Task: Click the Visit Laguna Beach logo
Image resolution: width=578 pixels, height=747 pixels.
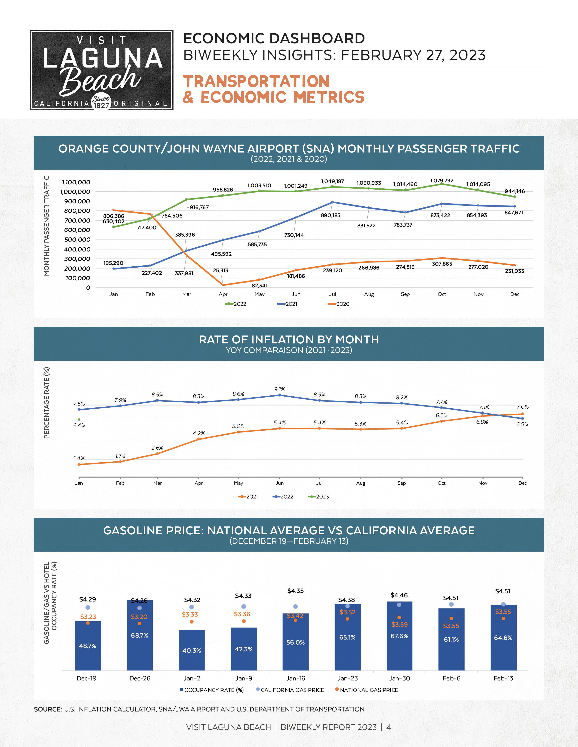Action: tap(101, 70)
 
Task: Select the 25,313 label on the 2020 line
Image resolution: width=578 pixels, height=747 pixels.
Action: tap(221, 270)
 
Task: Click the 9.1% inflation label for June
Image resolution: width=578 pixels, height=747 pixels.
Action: tap(279, 389)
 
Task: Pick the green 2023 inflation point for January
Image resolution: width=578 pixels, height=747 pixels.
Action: tap(79, 420)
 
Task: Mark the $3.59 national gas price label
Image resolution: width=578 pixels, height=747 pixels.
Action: tap(399, 625)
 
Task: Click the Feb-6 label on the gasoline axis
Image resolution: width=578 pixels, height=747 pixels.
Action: tap(451, 678)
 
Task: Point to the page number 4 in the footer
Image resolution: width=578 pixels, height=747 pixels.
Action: tap(389, 727)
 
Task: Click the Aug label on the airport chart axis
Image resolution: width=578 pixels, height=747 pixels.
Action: tap(369, 294)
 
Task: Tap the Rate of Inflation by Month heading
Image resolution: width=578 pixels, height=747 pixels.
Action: tap(289, 340)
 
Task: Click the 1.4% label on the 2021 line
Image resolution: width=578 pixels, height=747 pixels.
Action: tap(79, 458)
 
